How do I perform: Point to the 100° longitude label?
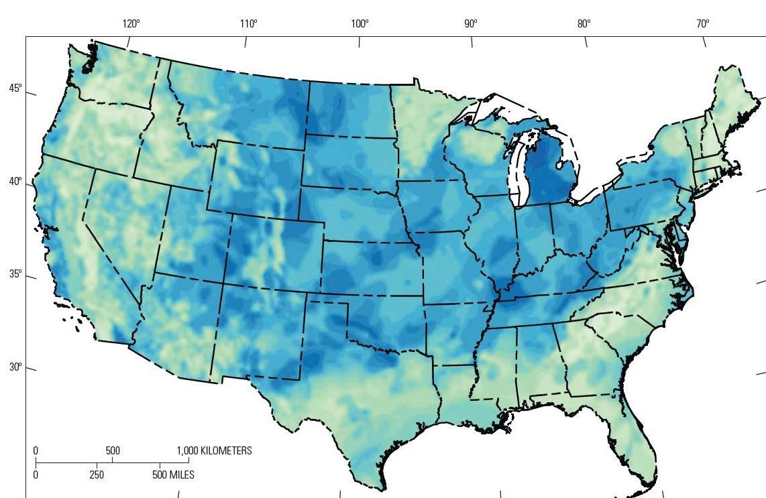click(x=360, y=23)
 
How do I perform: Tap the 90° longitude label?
click(x=470, y=23)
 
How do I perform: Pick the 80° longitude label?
click(x=584, y=23)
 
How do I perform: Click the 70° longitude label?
click(x=702, y=23)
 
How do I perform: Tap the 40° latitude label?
click(x=15, y=182)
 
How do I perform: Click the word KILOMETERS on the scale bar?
click(x=226, y=451)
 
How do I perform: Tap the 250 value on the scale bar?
click(x=98, y=475)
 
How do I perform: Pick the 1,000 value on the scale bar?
click(x=187, y=451)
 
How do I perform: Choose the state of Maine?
click(x=728, y=101)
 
